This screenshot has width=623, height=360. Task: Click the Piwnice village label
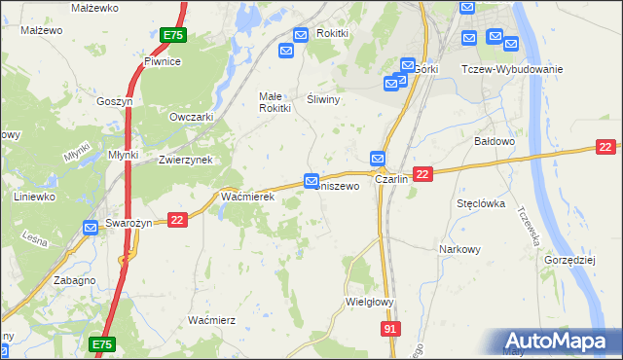click(x=162, y=61)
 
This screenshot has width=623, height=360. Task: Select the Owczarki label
click(x=191, y=117)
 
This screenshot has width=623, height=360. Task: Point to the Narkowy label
click(x=460, y=249)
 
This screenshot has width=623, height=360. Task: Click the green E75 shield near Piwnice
click(x=172, y=35)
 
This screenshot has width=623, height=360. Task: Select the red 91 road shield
click(x=389, y=331)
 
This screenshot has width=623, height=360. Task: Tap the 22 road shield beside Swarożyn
click(x=176, y=221)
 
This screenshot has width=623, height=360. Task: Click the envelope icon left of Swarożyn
click(x=91, y=228)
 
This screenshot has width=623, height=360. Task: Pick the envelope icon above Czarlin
click(x=378, y=158)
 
